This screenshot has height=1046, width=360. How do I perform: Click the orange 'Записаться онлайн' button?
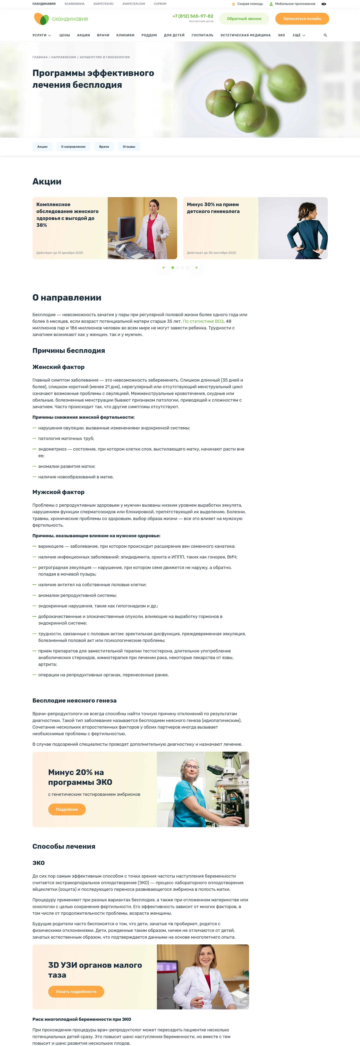[302, 19]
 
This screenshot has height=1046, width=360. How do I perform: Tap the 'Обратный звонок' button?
[244, 19]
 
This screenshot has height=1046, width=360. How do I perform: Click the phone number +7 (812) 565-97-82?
[193, 16]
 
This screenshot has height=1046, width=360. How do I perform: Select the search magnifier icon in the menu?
[325, 35]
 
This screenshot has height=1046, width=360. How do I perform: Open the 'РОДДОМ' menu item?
[149, 35]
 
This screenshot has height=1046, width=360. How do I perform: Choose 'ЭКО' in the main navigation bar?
[281, 35]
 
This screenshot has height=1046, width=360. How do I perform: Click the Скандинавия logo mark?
[41, 19]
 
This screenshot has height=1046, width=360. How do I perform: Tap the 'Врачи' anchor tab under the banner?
[104, 147]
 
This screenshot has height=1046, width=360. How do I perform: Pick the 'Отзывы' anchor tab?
[129, 147]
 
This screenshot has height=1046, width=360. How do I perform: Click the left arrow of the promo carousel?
[164, 268]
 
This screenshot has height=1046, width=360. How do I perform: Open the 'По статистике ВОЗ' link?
[203, 321]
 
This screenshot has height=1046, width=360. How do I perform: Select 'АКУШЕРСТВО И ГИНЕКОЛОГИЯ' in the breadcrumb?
[105, 57]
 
